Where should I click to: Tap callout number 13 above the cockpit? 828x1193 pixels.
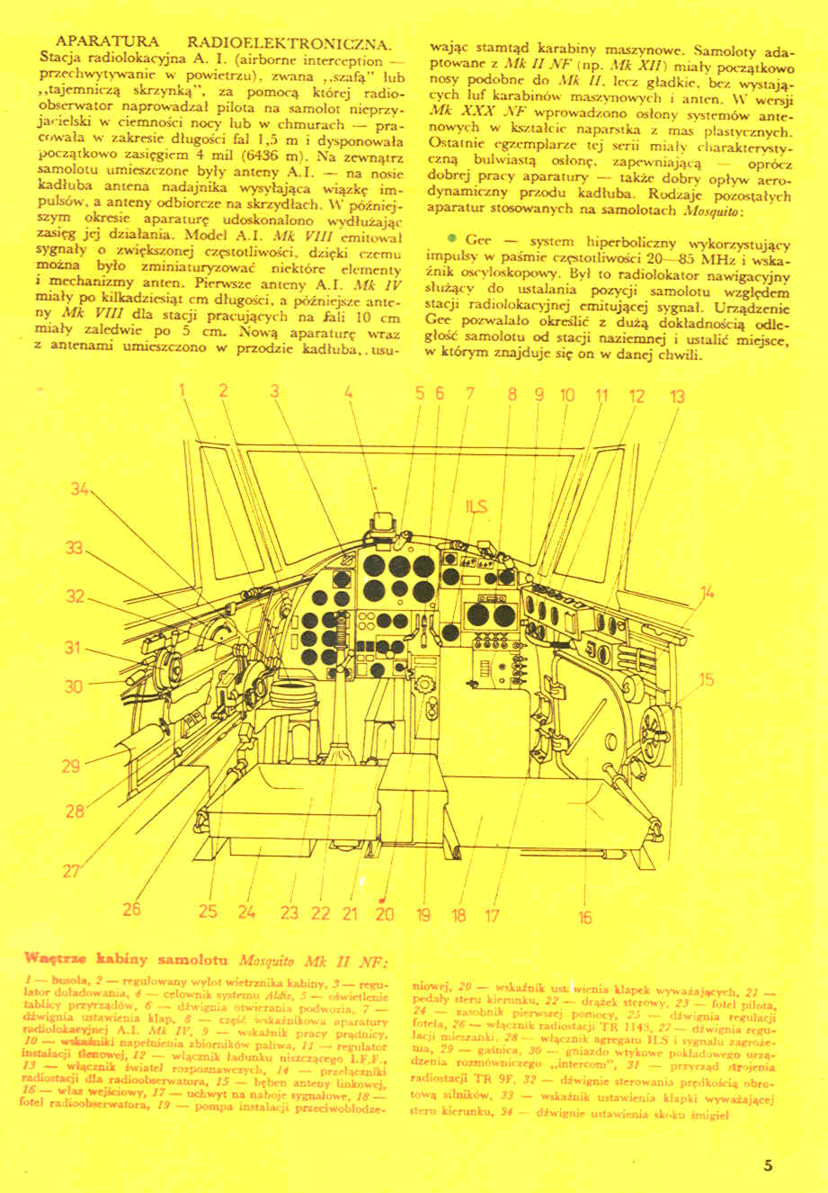[x=677, y=397]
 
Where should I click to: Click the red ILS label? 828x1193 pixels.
[x=476, y=506]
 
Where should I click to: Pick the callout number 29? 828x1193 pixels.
[x=71, y=766]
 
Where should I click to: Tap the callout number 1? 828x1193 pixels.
[x=183, y=390]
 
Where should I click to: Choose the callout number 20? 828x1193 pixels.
[x=384, y=914]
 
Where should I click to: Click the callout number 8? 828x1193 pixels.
[x=512, y=395]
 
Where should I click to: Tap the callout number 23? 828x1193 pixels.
[x=289, y=913]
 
